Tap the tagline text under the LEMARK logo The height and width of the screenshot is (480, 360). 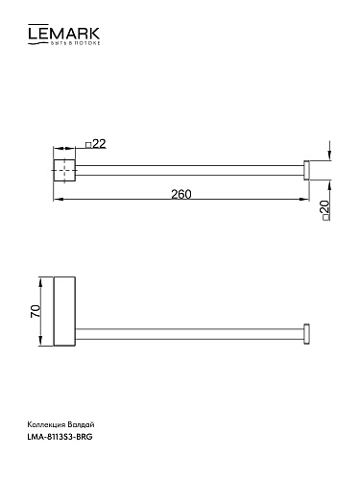point(76,43)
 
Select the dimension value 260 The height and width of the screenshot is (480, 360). point(181,194)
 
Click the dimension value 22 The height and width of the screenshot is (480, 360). point(100,144)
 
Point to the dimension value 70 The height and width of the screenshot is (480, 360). point(36,311)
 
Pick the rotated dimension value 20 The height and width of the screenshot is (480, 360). point(324,207)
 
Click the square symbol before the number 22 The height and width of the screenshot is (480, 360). point(88,145)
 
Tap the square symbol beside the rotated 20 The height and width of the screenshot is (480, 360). point(326,218)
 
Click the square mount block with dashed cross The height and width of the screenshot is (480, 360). point(64,170)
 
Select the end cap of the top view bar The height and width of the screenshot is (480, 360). point(306,170)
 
